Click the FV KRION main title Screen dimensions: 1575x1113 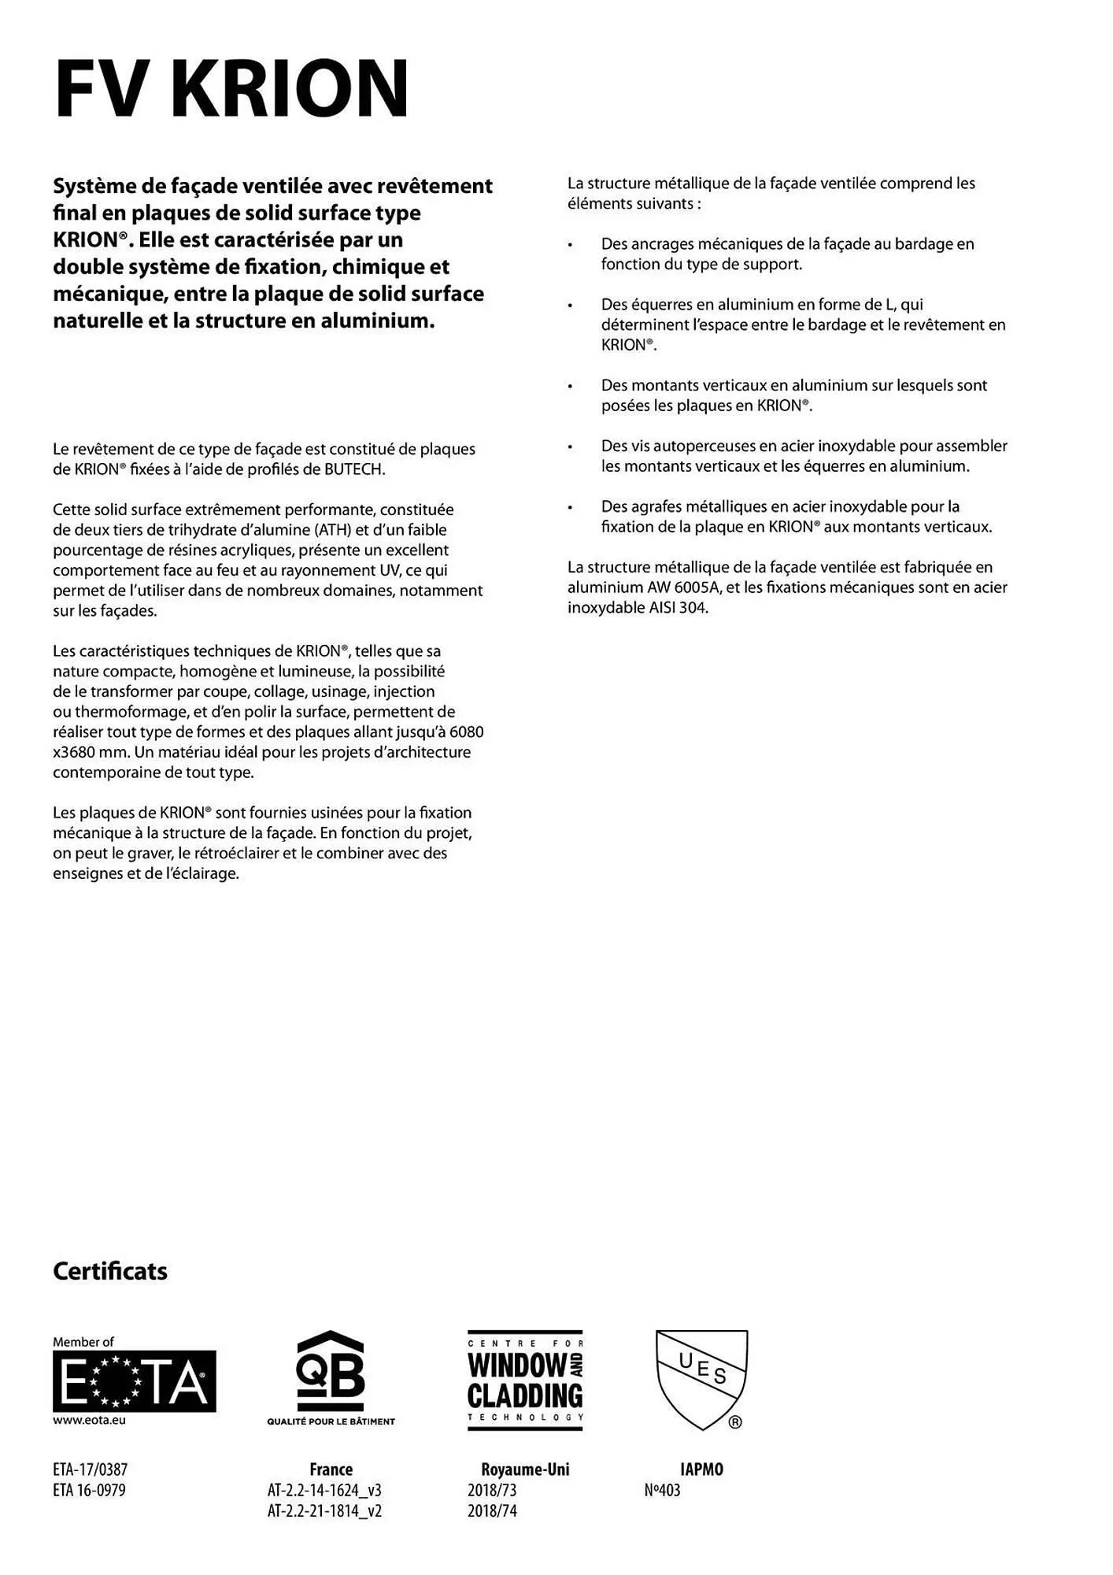click(x=232, y=88)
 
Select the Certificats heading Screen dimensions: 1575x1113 click(x=110, y=1271)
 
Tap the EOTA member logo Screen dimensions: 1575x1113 click(x=135, y=1380)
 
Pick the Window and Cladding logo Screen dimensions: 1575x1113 click(x=525, y=1380)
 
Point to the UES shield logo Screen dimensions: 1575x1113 click(x=701, y=1379)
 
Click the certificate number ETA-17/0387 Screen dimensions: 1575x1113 click(x=90, y=1469)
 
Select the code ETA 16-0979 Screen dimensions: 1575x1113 click(x=89, y=1490)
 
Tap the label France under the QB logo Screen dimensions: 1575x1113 click(x=331, y=1469)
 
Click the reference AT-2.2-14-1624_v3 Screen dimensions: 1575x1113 click(x=324, y=1490)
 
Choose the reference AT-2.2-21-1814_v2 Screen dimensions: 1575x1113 click(x=324, y=1510)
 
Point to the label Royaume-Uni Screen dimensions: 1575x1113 click(x=525, y=1469)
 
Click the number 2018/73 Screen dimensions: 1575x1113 click(x=492, y=1490)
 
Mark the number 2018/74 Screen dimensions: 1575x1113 click(x=492, y=1510)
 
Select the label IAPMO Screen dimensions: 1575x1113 click(x=701, y=1469)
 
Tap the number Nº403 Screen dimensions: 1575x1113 click(x=662, y=1490)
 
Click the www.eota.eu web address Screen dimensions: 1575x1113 click(x=89, y=1421)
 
